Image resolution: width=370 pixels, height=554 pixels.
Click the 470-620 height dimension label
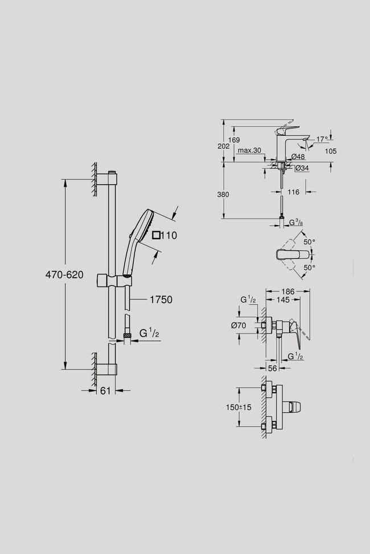(64, 274)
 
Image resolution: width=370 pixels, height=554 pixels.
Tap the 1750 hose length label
(161, 299)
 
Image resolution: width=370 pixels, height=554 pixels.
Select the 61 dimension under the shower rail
(105, 390)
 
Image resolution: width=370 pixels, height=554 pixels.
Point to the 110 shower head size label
(168, 235)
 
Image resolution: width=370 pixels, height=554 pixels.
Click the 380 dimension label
(223, 194)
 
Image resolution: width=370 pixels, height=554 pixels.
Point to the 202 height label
(223, 146)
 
